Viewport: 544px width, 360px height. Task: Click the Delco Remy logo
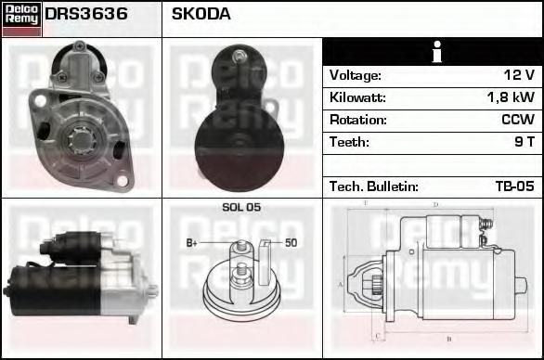21,19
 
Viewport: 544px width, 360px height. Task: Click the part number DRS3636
86,14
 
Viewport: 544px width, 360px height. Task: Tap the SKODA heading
201,14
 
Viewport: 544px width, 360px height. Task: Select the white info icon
437,52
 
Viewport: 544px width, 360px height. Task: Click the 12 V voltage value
519,75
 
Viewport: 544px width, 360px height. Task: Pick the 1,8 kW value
511,97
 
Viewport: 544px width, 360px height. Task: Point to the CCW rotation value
518,120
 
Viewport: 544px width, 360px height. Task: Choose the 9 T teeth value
524,142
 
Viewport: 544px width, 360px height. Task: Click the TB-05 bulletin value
514,186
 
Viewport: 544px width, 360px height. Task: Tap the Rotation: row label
358,120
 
